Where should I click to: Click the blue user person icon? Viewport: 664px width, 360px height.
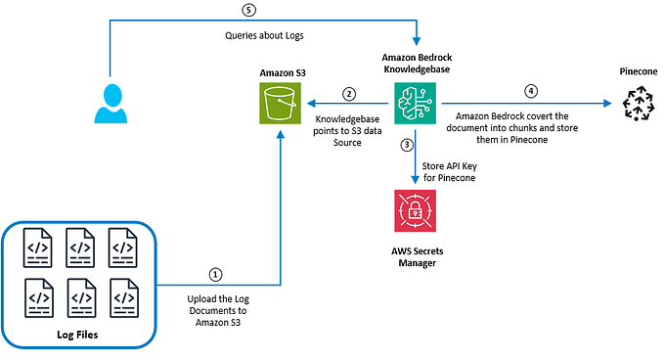(x=111, y=102)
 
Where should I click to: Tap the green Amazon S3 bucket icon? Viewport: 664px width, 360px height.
(x=281, y=104)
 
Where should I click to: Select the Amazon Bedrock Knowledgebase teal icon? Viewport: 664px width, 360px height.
(x=415, y=102)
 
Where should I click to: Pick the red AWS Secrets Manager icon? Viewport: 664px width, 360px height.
(x=415, y=210)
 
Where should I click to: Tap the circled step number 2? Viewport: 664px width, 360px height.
(x=349, y=94)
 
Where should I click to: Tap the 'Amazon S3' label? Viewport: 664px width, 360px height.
(x=281, y=72)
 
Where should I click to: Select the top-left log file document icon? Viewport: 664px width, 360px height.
(x=38, y=245)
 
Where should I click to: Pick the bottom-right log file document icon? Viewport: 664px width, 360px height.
(x=124, y=296)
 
